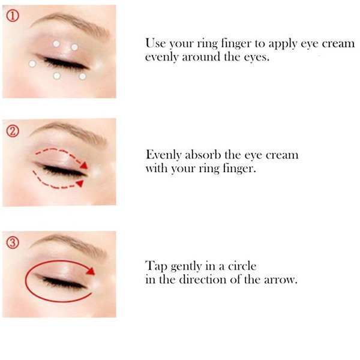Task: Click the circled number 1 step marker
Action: tap(13, 16)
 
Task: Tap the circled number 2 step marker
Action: tap(13, 131)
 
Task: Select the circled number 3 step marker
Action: tap(13, 242)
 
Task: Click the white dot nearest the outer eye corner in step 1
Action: tap(32, 64)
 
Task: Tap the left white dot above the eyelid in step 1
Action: tap(56, 44)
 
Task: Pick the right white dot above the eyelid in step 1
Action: tap(74, 47)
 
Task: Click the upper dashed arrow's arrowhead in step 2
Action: tap(84, 166)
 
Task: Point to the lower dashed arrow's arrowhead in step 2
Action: tap(80, 183)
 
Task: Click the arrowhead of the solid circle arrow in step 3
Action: tap(91, 271)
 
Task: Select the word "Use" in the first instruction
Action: tap(155, 43)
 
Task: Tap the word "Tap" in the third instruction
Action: tap(156, 266)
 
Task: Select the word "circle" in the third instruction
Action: tap(242, 266)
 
